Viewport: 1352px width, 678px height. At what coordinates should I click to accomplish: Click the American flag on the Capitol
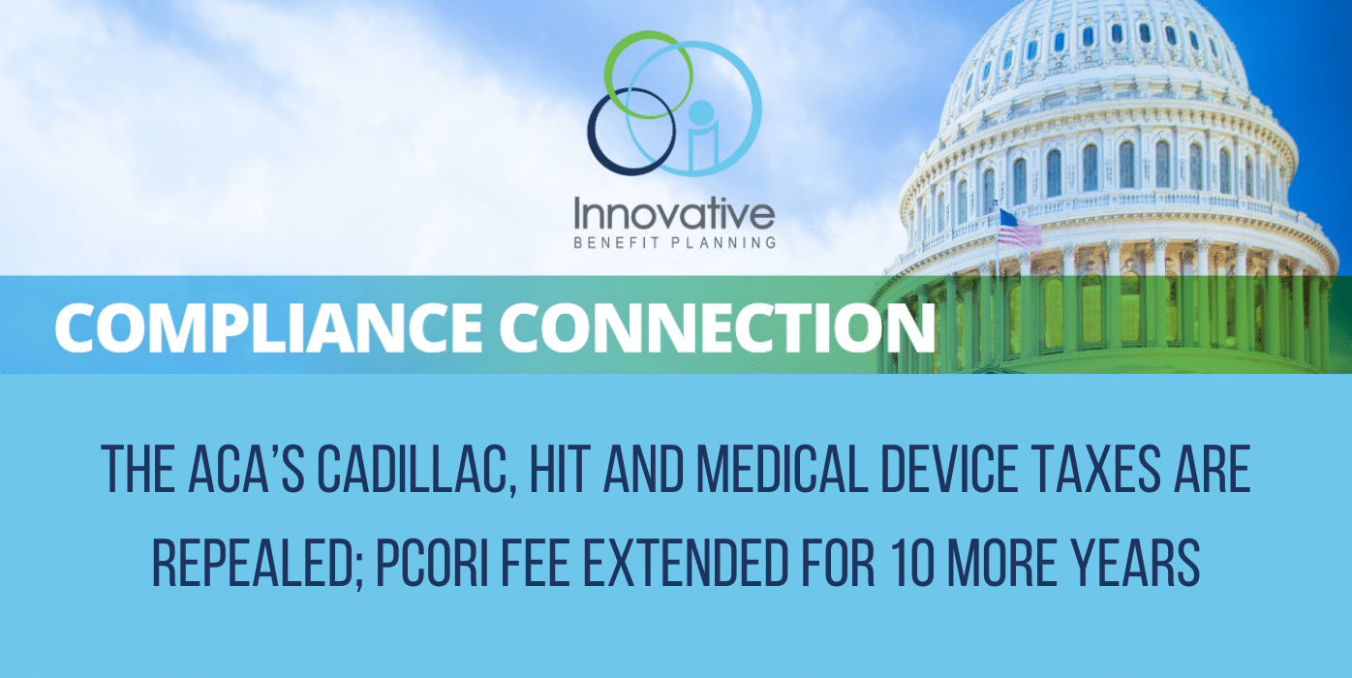tap(1019, 229)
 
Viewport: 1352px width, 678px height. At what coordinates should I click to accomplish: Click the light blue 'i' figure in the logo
tap(701, 136)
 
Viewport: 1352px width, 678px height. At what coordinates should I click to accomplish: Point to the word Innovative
tap(674, 213)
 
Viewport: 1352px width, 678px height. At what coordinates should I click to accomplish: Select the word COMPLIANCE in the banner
tap(268, 326)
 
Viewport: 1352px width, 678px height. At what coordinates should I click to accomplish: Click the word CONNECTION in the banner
tap(718, 326)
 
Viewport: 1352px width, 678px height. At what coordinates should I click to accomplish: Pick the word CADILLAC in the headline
tap(417, 470)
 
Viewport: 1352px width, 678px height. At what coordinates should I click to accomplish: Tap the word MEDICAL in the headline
tap(783, 469)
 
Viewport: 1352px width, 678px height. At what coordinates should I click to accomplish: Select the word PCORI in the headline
tap(432, 564)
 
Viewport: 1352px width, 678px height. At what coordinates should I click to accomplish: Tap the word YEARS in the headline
tap(1135, 564)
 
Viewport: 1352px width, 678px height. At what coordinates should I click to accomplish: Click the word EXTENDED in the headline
tap(686, 564)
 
